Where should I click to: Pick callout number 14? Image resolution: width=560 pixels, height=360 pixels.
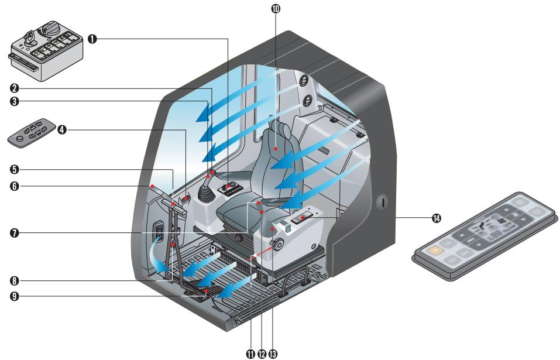coord(435,218)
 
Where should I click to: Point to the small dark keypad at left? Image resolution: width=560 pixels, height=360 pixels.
coord(33,133)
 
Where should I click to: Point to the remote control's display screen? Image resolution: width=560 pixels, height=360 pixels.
coord(487,230)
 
